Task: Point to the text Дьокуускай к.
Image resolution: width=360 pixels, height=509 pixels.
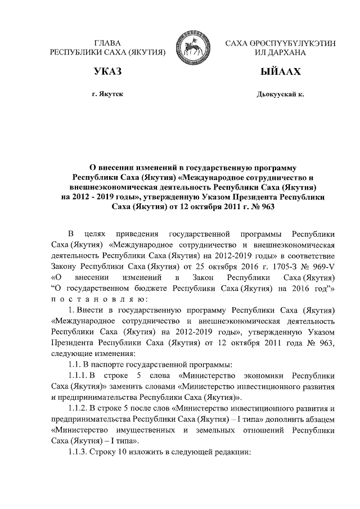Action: [280, 94]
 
